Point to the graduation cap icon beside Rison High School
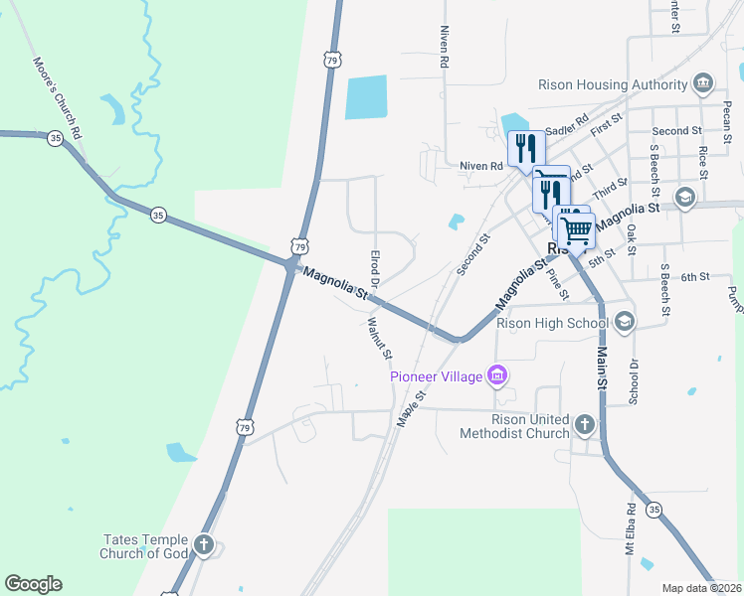pos(624,322)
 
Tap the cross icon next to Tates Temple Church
pos(204,544)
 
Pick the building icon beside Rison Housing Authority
pos(702,81)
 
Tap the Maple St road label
pos(412,408)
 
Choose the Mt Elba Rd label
pos(630,530)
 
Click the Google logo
pos(33,584)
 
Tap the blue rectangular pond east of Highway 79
pos(364,98)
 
